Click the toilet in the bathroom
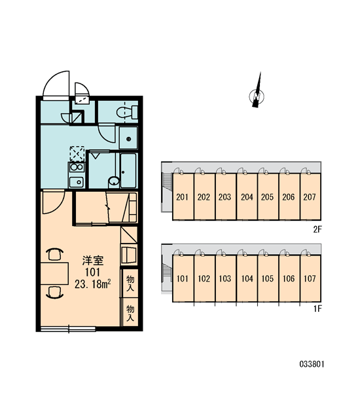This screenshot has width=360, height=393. click(x=127, y=113)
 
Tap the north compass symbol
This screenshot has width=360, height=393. click(x=257, y=93)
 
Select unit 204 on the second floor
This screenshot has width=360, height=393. click(x=247, y=196)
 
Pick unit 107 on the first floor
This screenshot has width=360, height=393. click(x=310, y=278)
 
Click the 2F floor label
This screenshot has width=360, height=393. click(x=317, y=229)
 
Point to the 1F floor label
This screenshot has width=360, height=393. click(x=317, y=309)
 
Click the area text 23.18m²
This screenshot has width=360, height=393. click(x=93, y=284)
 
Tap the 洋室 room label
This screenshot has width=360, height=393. click(x=93, y=261)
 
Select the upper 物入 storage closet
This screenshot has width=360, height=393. click(x=130, y=283)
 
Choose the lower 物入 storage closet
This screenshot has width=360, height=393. click(x=130, y=312)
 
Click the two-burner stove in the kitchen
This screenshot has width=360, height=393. click(x=77, y=167)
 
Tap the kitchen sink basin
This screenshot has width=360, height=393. click(x=77, y=182)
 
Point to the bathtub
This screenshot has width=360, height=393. click(x=128, y=170)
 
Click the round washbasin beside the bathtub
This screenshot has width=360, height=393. click(x=115, y=181)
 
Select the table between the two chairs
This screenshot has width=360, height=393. click(x=54, y=273)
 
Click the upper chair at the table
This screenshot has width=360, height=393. click(x=54, y=254)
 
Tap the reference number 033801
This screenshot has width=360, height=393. click(x=312, y=364)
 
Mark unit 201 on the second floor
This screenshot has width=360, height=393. click(x=183, y=196)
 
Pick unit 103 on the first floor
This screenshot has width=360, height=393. click(x=225, y=278)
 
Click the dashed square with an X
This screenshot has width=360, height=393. click(x=77, y=154)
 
